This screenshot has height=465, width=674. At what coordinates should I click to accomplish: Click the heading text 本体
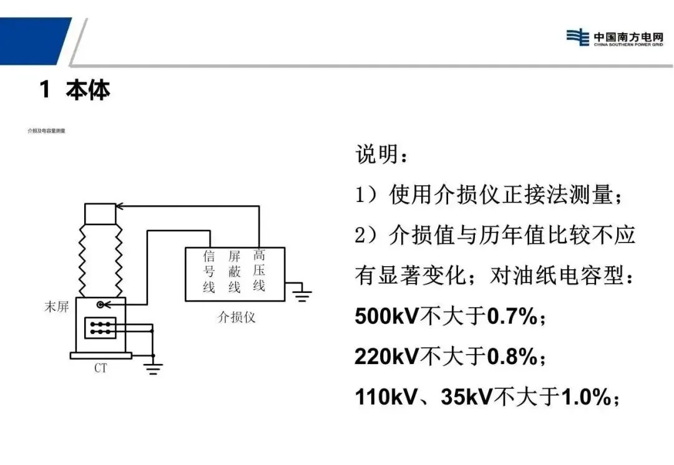[x=88, y=90]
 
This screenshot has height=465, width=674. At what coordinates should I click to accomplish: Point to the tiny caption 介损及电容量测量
[x=47, y=131]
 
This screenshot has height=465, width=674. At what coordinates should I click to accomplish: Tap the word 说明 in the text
[x=376, y=154]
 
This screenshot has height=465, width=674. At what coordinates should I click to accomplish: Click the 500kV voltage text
[x=388, y=317]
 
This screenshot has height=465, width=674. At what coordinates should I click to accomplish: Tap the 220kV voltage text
[x=388, y=357]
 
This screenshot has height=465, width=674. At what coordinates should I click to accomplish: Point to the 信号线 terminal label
[x=209, y=272]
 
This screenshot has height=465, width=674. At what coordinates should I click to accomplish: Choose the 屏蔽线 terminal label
[x=234, y=272]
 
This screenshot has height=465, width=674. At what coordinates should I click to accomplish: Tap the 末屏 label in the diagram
[x=56, y=307]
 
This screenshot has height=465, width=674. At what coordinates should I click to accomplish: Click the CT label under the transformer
[x=100, y=368]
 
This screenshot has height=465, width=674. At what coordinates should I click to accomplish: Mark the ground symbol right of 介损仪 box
[x=303, y=294]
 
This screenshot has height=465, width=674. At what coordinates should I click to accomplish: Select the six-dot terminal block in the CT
[x=100, y=328]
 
